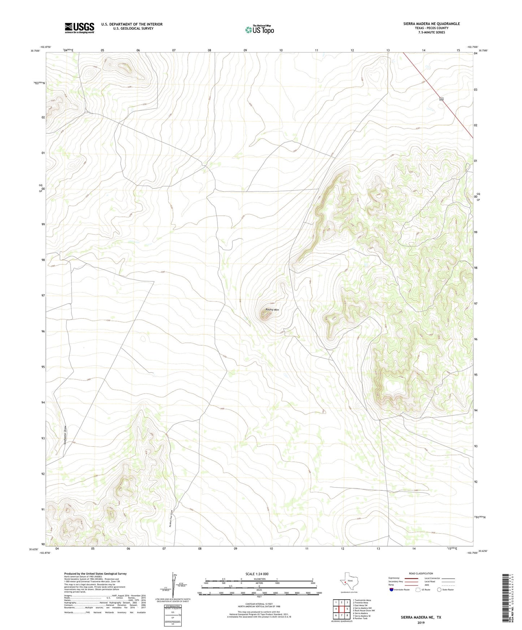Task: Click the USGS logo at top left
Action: click(79, 28)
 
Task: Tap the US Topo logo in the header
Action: click(259, 30)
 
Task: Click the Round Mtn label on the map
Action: click(272, 310)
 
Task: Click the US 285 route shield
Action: click(441, 99)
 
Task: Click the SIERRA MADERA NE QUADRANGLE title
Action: click(431, 24)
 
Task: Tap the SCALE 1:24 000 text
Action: click(257, 574)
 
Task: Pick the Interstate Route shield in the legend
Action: click(391, 590)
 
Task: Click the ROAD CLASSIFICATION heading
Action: click(421, 573)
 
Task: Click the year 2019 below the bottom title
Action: click(420, 623)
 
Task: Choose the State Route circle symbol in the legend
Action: click(439, 590)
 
